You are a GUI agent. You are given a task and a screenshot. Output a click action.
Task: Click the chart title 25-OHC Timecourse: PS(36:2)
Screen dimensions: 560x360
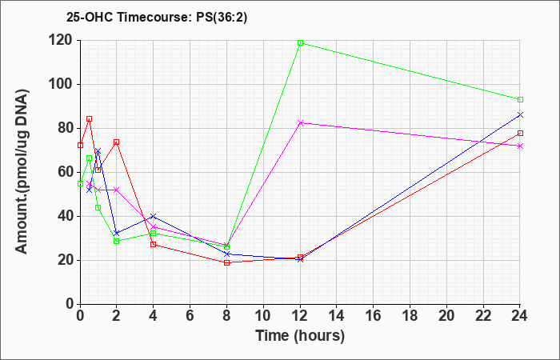[x=157, y=18]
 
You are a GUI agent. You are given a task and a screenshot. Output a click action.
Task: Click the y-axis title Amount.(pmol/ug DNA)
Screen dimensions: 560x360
[x=22, y=171]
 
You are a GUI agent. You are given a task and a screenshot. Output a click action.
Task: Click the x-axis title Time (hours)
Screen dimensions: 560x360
[x=300, y=336]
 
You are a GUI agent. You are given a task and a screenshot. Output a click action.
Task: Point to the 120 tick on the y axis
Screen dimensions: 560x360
[x=62, y=40]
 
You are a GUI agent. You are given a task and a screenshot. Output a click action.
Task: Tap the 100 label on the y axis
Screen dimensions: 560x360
[x=62, y=84]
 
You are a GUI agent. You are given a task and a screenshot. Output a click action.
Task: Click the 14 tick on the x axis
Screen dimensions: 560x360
[x=337, y=315]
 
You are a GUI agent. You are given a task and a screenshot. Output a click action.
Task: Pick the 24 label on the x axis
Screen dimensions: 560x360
[x=520, y=315]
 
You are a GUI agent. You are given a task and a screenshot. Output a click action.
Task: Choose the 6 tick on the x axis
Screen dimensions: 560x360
[x=190, y=315]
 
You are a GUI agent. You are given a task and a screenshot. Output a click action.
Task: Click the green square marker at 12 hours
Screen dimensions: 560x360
[x=300, y=43]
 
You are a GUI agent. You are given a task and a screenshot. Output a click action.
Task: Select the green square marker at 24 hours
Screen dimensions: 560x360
[x=520, y=100]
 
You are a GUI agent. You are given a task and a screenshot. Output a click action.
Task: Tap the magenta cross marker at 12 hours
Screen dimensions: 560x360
[x=300, y=123]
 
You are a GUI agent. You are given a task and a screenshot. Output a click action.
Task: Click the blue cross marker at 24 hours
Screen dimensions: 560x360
[x=520, y=114]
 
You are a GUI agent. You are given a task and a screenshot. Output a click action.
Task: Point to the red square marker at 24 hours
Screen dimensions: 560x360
[x=520, y=134]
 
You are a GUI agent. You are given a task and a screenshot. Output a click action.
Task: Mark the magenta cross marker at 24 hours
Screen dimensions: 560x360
[x=520, y=146]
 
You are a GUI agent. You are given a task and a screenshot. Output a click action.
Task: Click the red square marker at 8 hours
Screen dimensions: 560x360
[x=226, y=263]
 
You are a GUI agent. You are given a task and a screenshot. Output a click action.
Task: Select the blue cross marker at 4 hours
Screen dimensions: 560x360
[x=154, y=217]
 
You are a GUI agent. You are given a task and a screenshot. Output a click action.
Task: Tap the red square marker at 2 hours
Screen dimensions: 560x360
[x=117, y=142]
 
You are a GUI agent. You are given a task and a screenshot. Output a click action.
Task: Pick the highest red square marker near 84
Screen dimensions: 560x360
[x=90, y=119]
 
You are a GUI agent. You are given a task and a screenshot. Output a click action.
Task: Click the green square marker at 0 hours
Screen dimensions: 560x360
[x=80, y=183]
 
